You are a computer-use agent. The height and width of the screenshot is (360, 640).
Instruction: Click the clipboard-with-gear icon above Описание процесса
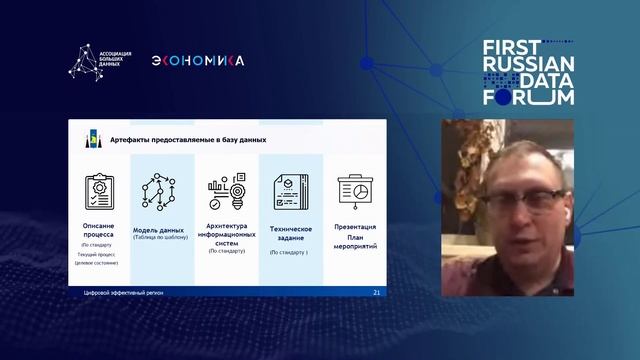100,192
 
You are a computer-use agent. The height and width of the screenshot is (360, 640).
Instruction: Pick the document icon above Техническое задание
291,192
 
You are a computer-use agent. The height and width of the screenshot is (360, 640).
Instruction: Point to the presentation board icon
353,192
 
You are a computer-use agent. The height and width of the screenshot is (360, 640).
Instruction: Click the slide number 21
376,293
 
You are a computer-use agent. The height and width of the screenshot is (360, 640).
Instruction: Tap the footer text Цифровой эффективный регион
123,293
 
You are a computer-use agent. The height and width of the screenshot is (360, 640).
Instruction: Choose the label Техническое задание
291,233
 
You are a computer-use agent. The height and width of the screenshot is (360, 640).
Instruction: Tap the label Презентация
354,227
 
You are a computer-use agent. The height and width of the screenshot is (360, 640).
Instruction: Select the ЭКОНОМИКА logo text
197,61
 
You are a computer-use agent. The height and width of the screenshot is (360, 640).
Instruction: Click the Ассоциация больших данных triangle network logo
83,60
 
